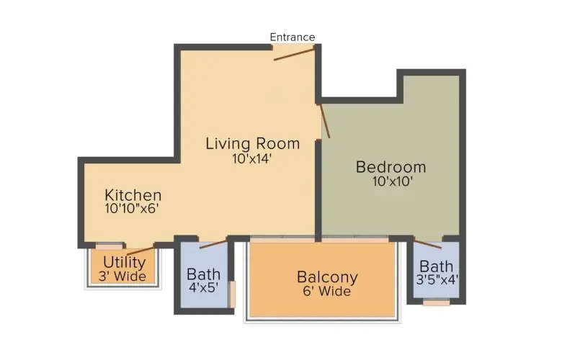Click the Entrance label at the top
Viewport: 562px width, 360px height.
pyautogui.click(x=292, y=37)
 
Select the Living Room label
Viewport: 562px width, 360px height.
pyautogui.click(x=252, y=143)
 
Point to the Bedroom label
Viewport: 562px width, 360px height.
pyautogui.click(x=391, y=167)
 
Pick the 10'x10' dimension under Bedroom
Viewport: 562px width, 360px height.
pyautogui.click(x=392, y=182)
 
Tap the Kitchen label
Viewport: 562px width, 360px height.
pyautogui.click(x=133, y=195)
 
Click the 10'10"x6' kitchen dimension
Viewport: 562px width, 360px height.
pyautogui.click(x=131, y=209)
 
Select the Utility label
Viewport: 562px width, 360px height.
pyautogui.click(x=124, y=262)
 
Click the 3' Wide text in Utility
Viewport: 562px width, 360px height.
pyautogui.click(x=124, y=276)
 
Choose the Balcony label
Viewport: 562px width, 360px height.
pyautogui.click(x=327, y=277)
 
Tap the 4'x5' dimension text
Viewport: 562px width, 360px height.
pyautogui.click(x=202, y=289)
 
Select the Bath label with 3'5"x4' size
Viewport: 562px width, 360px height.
pyautogui.click(x=437, y=266)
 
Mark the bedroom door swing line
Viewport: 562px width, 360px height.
pyautogui.click(x=324, y=120)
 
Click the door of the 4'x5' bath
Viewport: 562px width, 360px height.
pyautogui.click(x=213, y=243)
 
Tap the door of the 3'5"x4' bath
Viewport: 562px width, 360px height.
pyautogui.click(x=427, y=242)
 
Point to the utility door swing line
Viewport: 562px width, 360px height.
pyautogui.click(x=140, y=249)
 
